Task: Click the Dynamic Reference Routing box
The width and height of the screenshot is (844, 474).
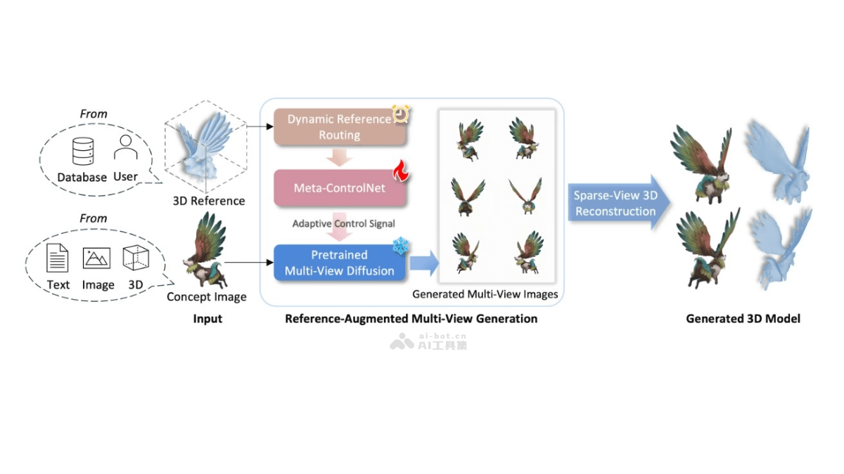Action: click(x=339, y=127)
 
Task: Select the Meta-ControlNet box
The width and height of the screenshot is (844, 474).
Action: click(x=339, y=188)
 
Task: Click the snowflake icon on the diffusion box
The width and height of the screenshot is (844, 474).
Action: click(x=400, y=246)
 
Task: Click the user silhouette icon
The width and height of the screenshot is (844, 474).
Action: click(x=125, y=147)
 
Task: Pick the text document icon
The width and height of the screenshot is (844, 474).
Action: click(x=58, y=258)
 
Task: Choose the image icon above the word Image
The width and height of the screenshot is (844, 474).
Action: click(x=97, y=258)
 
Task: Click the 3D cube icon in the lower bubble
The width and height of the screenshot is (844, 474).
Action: click(x=136, y=258)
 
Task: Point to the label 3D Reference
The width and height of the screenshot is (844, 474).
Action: click(x=209, y=201)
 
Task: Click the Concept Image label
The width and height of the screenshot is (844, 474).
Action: click(x=207, y=297)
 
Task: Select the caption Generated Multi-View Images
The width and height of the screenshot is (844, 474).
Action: click(x=485, y=294)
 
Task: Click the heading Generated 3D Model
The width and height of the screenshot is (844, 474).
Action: click(x=743, y=319)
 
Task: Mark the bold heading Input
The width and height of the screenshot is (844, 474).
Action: click(x=207, y=319)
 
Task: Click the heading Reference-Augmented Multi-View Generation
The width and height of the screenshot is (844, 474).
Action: click(x=411, y=319)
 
